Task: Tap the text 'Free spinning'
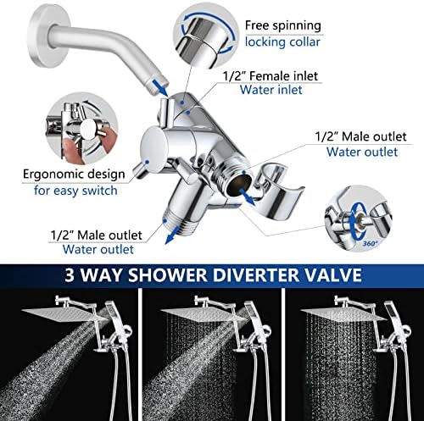[283, 25]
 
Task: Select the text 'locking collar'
[282, 42]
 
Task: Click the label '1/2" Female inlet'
[271, 76]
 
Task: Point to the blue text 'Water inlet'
[271, 90]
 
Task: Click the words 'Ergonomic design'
[74, 174]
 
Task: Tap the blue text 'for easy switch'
[75, 191]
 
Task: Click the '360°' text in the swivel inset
[371, 243]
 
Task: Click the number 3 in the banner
[70, 275]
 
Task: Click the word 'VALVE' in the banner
[333, 274]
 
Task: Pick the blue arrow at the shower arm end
[161, 88]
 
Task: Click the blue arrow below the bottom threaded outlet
[172, 235]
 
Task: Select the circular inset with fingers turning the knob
[81, 129]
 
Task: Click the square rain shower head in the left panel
[64, 314]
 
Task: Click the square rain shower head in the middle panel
[203, 314]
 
